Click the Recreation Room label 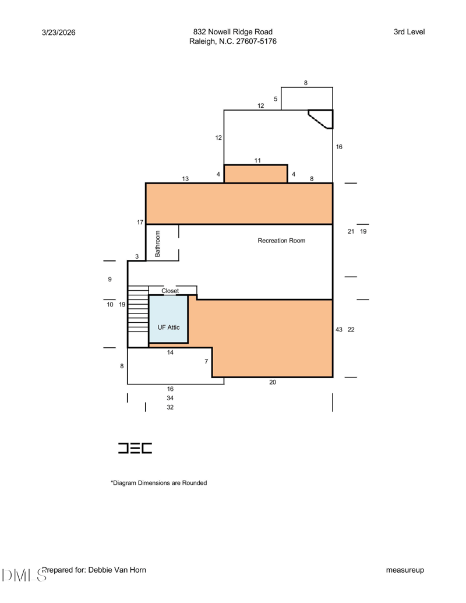281,241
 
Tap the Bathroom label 157,244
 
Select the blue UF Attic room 168,319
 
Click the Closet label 170,291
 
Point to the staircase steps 138,309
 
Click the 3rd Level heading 409,32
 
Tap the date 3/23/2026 58,32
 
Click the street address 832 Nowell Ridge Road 232,32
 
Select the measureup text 405,570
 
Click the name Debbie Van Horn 117,570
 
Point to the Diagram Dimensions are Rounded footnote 159,482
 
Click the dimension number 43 339,330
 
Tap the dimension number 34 170,398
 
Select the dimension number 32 170,407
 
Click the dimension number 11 257,160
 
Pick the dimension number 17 140,223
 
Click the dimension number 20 273,382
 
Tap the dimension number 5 276,99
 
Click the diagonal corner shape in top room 322,119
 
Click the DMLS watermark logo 24,575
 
